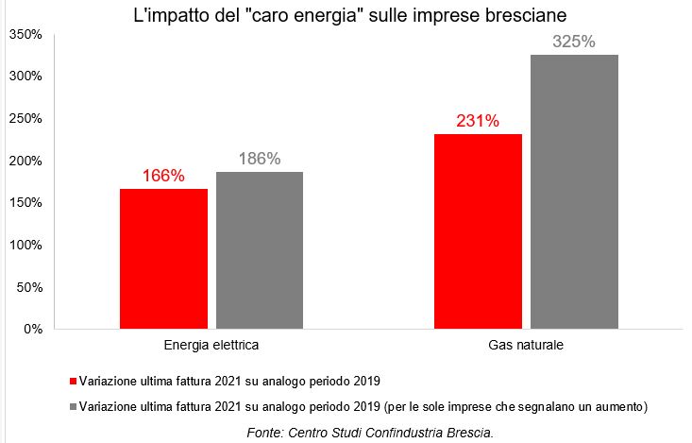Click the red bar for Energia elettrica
click(163, 258)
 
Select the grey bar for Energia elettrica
click(260, 249)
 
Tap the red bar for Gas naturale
click(478, 230)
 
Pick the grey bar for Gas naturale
click(574, 191)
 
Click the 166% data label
click(163, 177)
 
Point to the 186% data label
click(260, 159)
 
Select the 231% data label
click(478, 121)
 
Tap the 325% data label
click(574, 42)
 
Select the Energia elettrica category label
click(211, 346)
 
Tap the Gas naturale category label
click(526, 346)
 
